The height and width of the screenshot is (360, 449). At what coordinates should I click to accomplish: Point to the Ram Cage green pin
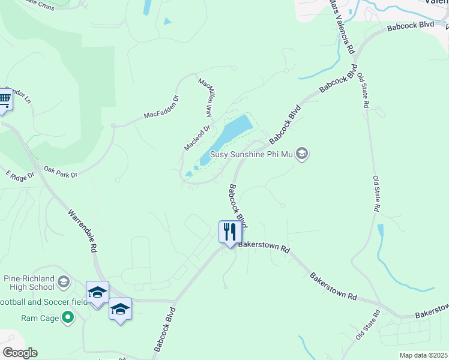point(68,317)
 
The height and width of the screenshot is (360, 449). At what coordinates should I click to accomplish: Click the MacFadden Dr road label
point(161,107)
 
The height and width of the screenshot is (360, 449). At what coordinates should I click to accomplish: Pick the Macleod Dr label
point(197,138)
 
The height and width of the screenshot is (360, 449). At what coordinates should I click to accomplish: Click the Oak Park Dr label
point(61,173)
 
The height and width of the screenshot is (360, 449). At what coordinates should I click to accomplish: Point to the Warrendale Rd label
point(82,230)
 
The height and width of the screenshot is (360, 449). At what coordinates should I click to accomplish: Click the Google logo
point(19,353)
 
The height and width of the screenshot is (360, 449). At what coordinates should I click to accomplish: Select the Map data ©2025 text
point(423,355)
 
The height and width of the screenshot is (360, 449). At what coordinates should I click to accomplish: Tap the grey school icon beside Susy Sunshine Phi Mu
point(302,155)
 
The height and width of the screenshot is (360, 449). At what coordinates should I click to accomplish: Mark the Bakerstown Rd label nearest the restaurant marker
point(264,247)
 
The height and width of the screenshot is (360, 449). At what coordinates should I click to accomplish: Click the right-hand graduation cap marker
point(120,310)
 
